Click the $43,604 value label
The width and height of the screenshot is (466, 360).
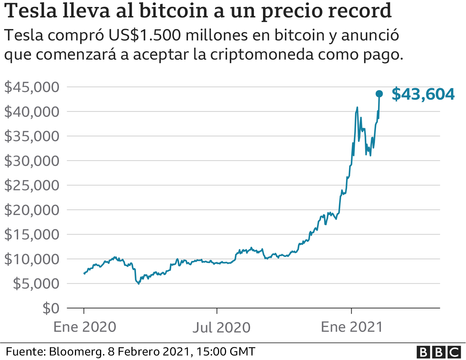pyautogui.click(x=423, y=94)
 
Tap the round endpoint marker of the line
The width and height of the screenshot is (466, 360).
pyautogui.click(x=379, y=94)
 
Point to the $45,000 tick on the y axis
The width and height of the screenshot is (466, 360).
pyautogui.click(x=32, y=87)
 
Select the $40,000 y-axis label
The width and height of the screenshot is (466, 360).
pyautogui.click(x=32, y=112)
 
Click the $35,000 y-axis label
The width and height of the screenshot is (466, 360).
pyautogui.click(x=32, y=136)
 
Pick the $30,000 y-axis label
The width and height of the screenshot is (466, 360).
pyautogui.click(x=32, y=161)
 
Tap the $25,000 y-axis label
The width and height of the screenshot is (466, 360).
pyautogui.click(x=32, y=185)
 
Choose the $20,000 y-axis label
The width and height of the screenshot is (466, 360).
pyautogui.click(x=32, y=210)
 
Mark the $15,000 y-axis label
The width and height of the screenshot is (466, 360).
pyautogui.click(x=32, y=235)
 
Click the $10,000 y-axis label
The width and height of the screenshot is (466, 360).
pyautogui.click(x=32, y=259)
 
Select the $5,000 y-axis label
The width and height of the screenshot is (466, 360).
pyautogui.click(x=36, y=284)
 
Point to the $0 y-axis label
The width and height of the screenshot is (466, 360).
pyautogui.click(x=51, y=308)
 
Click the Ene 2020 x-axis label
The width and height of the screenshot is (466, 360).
pyautogui.click(x=85, y=327)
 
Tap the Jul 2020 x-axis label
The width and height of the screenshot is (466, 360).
pyautogui.click(x=221, y=327)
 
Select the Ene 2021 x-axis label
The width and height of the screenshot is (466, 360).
pyautogui.click(x=352, y=327)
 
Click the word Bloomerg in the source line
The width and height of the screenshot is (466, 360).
pyautogui.click(x=76, y=351)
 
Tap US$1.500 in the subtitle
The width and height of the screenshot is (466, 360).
pyautogui.click(x=145, y=35)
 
